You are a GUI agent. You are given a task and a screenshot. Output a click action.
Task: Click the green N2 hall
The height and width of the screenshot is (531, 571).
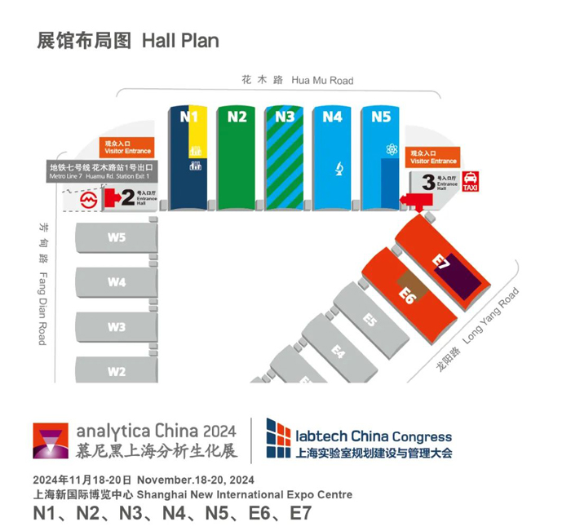237,159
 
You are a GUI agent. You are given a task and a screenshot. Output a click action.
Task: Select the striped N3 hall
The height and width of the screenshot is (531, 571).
285,159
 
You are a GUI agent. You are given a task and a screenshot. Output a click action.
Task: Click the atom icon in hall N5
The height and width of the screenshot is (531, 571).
390,151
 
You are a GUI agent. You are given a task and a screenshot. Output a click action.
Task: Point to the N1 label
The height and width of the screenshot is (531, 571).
188,117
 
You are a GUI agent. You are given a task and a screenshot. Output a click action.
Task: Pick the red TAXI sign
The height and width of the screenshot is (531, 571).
471,181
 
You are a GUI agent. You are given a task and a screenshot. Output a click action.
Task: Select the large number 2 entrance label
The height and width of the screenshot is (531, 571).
126,197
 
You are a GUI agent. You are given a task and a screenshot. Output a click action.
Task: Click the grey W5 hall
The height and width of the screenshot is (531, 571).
116,238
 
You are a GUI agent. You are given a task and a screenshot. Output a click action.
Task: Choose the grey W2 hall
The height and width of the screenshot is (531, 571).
116,371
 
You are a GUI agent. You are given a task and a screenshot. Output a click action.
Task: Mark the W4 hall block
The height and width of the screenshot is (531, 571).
116,282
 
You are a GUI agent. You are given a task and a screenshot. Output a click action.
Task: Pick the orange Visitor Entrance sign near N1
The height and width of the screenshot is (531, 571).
128,148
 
